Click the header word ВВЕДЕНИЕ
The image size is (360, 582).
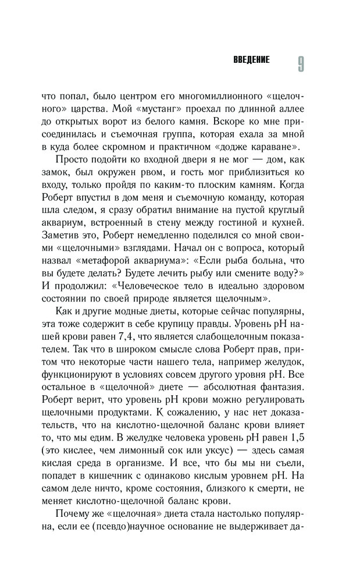pyautogui.click(x=251, y=61)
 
